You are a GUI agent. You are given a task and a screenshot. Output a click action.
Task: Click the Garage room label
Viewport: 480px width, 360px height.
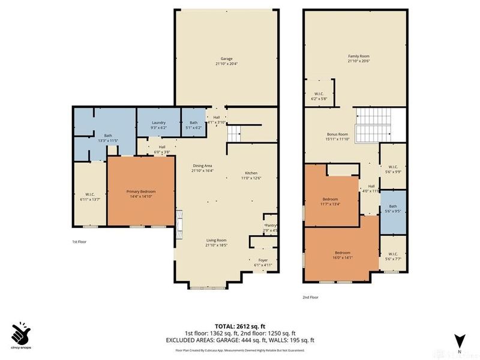pos(227,61)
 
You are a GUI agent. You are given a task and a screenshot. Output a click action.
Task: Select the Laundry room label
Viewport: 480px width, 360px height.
pos(158,125)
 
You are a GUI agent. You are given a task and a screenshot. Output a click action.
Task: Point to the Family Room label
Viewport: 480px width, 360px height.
pos(358,59)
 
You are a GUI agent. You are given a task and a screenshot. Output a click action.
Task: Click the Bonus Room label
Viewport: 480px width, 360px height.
pos(337,137)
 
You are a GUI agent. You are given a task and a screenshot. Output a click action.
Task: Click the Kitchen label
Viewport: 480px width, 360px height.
pos(251,175)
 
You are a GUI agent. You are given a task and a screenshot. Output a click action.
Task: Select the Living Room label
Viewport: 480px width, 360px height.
pos(217,242)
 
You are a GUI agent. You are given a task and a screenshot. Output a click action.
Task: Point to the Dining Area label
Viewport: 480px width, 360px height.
pos(202,168)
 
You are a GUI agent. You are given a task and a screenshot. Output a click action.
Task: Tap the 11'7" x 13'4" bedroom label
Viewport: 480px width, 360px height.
pos(330,201)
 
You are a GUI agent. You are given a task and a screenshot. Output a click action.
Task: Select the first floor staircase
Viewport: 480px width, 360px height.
pos(235,131)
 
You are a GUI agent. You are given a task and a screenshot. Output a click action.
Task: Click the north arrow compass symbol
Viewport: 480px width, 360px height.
pos(459,341)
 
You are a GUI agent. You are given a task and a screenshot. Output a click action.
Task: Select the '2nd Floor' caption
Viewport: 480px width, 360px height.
pos(311,297)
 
